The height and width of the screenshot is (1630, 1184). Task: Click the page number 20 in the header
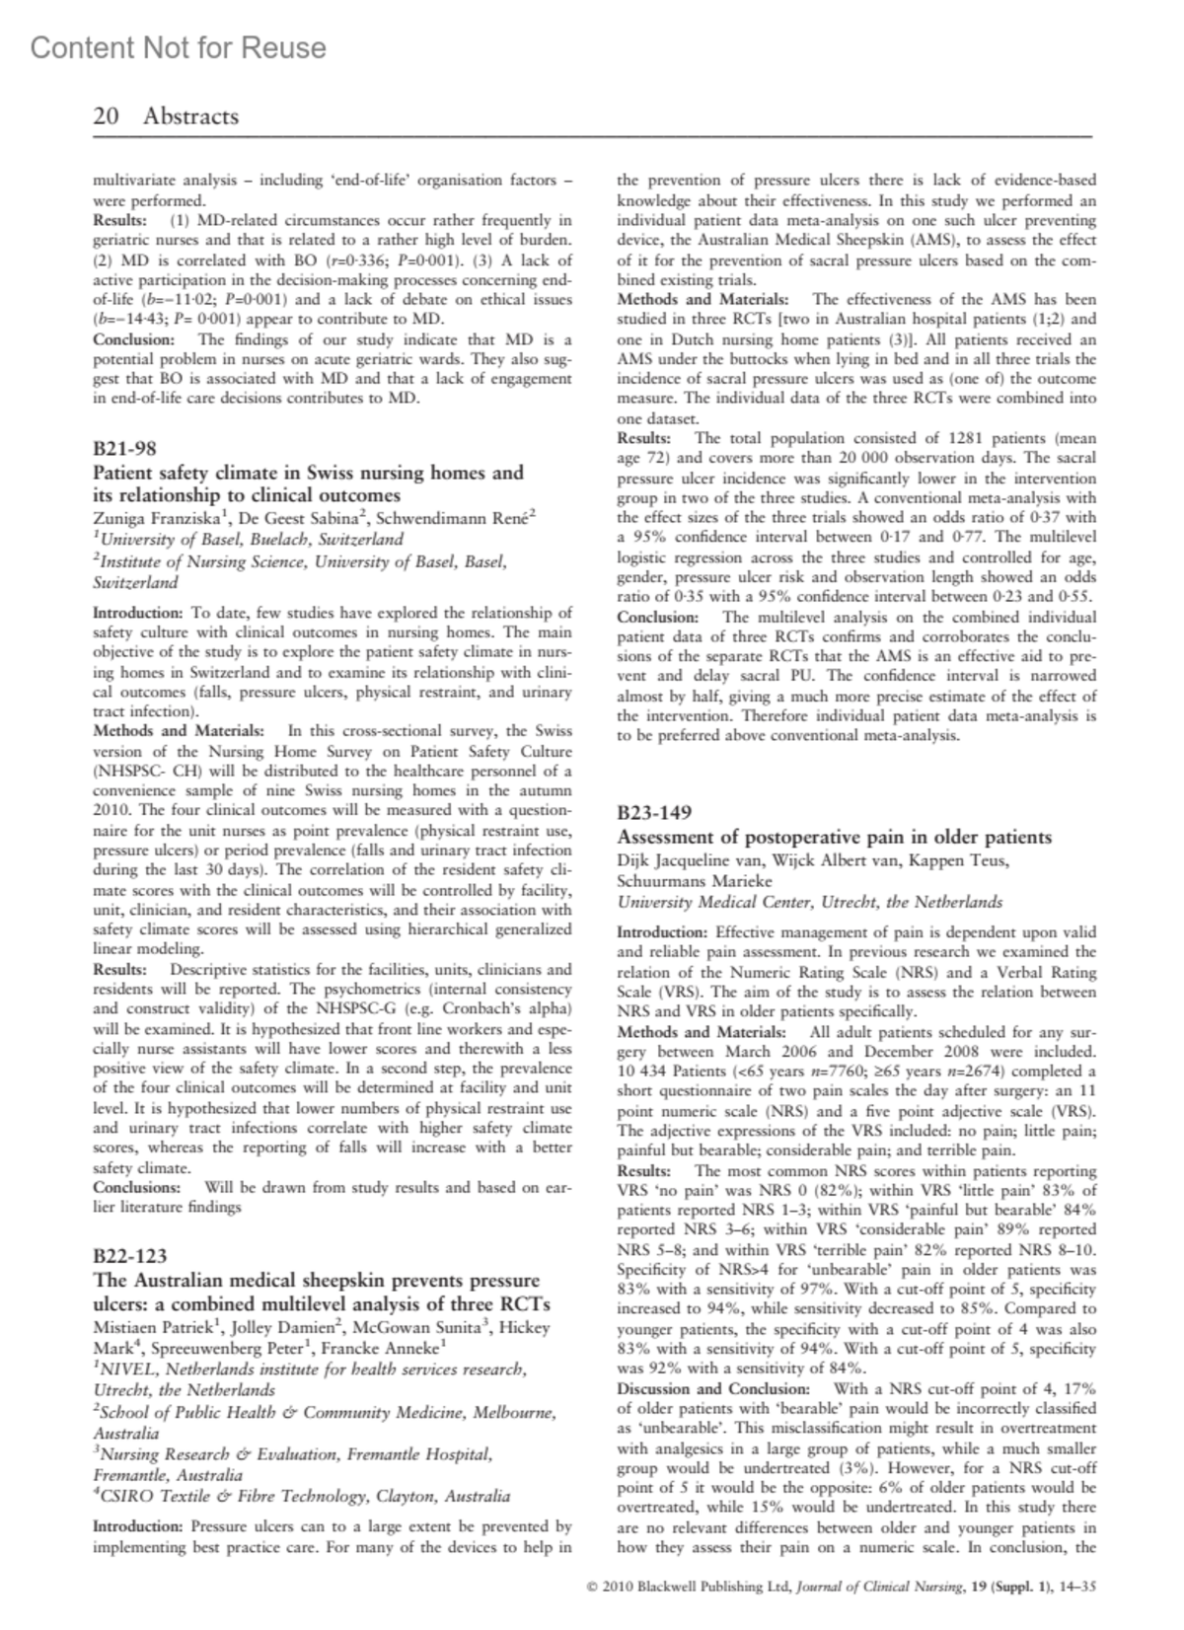pyautogui.click(x=106, y=116)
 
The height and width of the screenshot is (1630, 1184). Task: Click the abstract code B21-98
pyautogui.click(x=124, y=448)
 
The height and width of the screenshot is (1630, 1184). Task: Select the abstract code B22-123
pyautogui.click(x=130, y=1256)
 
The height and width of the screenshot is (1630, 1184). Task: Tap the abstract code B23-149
pyautogui.click(x=654, y=813)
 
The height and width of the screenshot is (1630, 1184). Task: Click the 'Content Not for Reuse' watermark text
pyautogui.click(x=179, y=48)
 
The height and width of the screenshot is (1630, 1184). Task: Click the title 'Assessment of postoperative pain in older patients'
pyautogui.click(x=834, y=838)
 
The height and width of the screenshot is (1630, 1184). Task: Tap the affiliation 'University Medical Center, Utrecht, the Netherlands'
pyautogui.click(x=809, y=902)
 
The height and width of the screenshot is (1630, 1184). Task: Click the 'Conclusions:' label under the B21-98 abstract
pyautogui.click(x=137, y=1187)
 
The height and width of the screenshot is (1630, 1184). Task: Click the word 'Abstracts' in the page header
pyautogui.click(x=190, y=116)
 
